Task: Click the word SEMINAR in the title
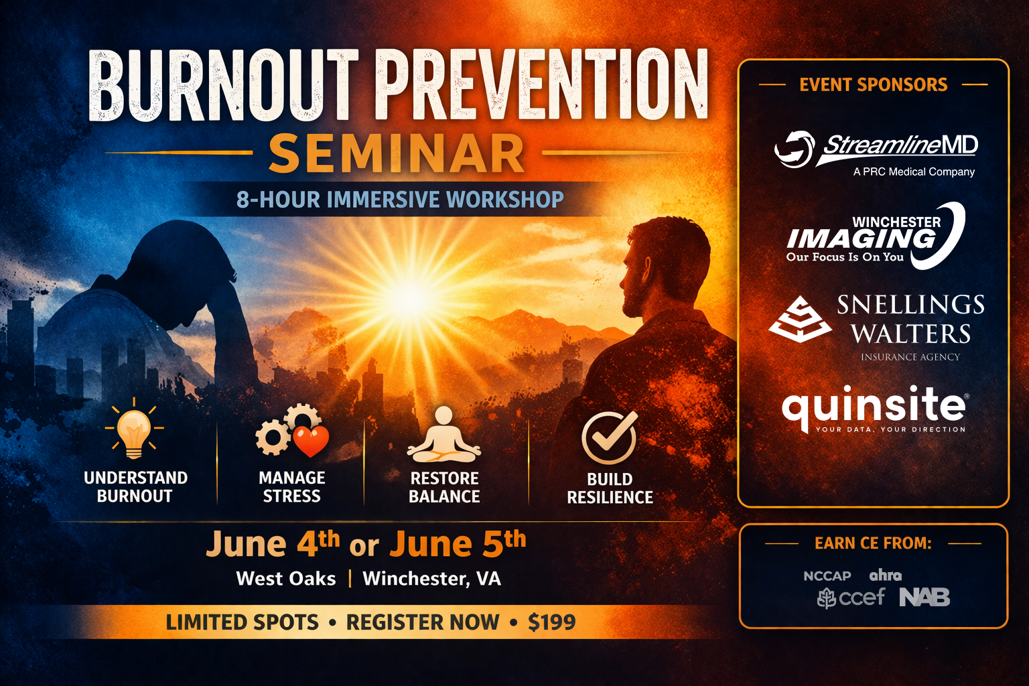396,154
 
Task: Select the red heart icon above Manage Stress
312,441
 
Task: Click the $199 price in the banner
552,622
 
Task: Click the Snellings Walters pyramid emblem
800,320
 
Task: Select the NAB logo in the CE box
924,598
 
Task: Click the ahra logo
885,575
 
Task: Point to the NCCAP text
827,575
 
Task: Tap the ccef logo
851,598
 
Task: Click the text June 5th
458,544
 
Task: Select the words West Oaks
286,579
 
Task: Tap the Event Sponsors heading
874,85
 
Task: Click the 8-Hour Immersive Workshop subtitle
400,200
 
